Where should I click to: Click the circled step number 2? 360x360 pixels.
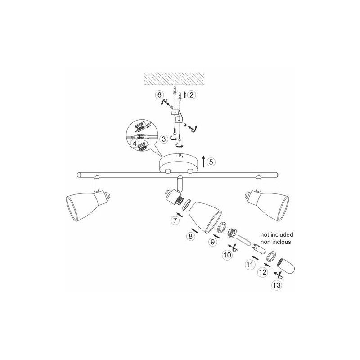click(192, 94)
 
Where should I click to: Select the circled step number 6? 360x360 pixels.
click(160, 95)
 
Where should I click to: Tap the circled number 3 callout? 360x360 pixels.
click(164, 139)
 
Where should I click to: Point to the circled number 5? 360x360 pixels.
click(211, 162)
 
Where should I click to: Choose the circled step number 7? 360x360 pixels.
click(175, 220)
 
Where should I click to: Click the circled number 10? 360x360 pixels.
click(227, 255)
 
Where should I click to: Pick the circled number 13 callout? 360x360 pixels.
click(277, 285)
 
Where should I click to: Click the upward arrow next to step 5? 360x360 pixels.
click(203, 162)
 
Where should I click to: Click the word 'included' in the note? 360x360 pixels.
click(283, 234)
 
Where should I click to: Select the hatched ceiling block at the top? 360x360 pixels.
click(174, 79)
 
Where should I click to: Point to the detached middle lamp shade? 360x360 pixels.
click(205, 217)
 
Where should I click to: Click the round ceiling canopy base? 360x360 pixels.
click(179, 163)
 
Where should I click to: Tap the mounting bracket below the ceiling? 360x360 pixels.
click(177, 116)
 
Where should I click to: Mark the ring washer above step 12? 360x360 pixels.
click(272, 256)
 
